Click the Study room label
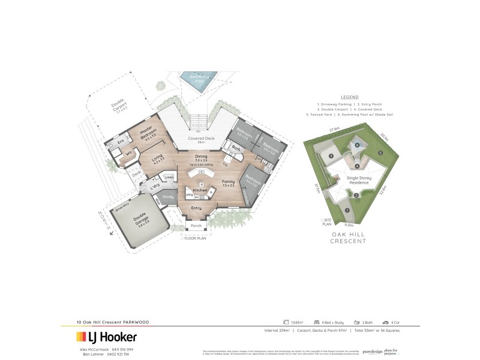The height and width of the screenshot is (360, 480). (168, 196)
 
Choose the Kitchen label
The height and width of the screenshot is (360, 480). (200, 190)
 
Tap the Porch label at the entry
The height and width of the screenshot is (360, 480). (196, 226)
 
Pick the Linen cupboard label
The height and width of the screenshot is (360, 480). (169, 177)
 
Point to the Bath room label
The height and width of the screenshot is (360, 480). (236, 148)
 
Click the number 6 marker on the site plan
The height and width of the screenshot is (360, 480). (357, 145)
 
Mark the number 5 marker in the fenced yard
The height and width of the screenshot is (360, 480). (380, 153)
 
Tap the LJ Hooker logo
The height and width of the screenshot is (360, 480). (106, 337)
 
